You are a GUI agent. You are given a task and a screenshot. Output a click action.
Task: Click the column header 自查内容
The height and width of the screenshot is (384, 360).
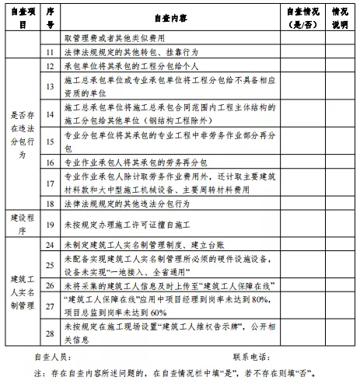click(166, 16)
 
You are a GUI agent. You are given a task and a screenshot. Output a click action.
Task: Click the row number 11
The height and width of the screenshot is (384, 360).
click(51, 51)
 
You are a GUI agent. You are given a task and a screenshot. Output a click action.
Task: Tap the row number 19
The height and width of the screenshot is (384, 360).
click(51, 225)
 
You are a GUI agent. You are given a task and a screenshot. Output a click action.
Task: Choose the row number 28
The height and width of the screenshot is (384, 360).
click(51, 333)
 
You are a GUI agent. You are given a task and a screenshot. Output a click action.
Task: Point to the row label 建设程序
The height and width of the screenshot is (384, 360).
click(23, 225)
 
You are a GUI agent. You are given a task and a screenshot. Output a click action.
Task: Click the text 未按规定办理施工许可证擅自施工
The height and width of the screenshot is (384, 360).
click(129, 225)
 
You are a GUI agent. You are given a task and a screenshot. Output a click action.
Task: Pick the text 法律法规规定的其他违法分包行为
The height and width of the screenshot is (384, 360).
click(129, 203)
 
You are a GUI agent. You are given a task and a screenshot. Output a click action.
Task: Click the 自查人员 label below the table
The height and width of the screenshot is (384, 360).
click(53, 358)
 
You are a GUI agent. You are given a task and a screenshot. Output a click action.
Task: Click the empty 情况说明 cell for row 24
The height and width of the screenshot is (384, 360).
click(340, 245)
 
